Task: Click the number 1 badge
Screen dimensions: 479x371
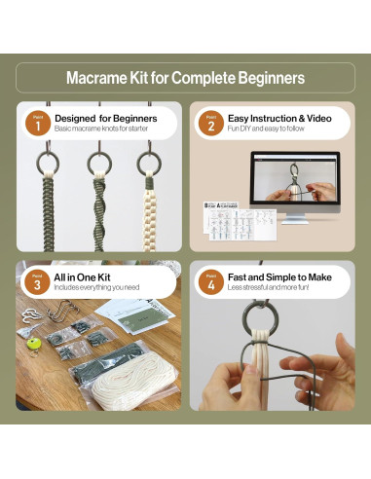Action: point(37,123)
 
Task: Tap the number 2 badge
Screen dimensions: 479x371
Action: point(209,123)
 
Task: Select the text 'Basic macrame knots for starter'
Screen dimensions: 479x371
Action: point(100,129)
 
